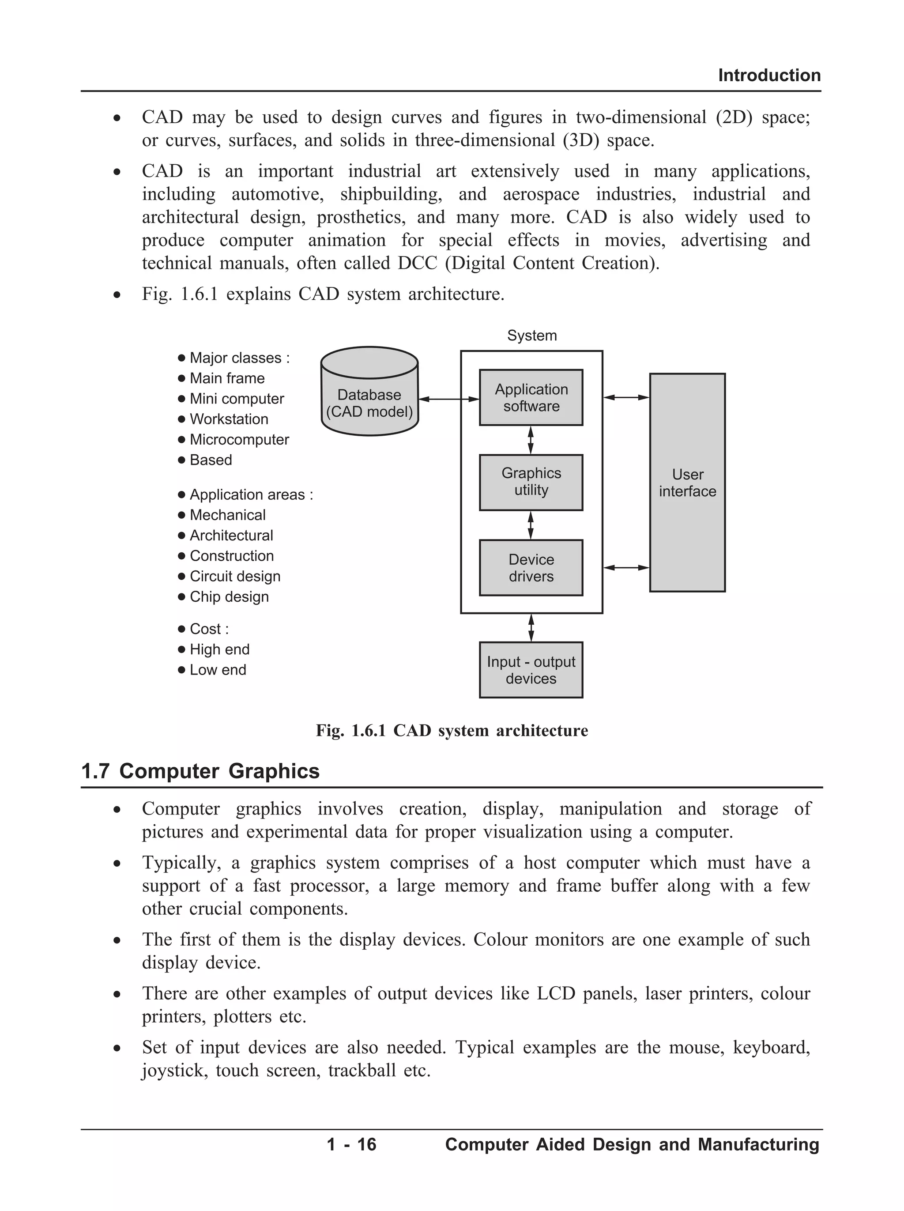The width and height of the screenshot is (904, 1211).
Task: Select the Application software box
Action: pyautogui.click(x=531, y=397)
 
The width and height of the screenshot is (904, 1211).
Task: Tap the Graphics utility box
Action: pyautogui.click(x=531, y=482)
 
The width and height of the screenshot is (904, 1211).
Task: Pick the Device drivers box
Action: pyautogui.click(x=531, y=567)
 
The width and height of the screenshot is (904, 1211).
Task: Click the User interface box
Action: pyautogui.click(x=687, y=482)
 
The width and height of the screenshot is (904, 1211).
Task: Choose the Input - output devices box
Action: pyautogui.click(x=531, y=670)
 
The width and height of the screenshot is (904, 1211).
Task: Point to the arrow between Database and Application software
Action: pyautogui.click(x=449, y=400)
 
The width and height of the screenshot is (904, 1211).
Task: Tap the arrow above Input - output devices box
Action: pyautogui.click(x=531, y=628)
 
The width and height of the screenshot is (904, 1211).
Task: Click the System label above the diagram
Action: pyautogui.click(x=532, y=336)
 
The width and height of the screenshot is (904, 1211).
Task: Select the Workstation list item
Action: pyautogui.click(x=229, y=419)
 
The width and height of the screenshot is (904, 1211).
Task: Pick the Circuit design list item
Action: pyautogui.click(x=235, y=576)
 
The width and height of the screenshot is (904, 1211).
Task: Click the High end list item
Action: pyautogui.click(x=219, y=649)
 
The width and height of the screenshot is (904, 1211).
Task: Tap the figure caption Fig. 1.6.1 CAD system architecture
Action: pyautogui.click(x=452, y=731)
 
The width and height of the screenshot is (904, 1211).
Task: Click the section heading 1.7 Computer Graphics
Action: pyautogui.click(x=200, y=771)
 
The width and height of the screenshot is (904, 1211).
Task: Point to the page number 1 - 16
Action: pyautogui.click(x=351, y=1144)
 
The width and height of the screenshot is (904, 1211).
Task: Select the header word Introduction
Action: pyautogui.click(x=769, y=75)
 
